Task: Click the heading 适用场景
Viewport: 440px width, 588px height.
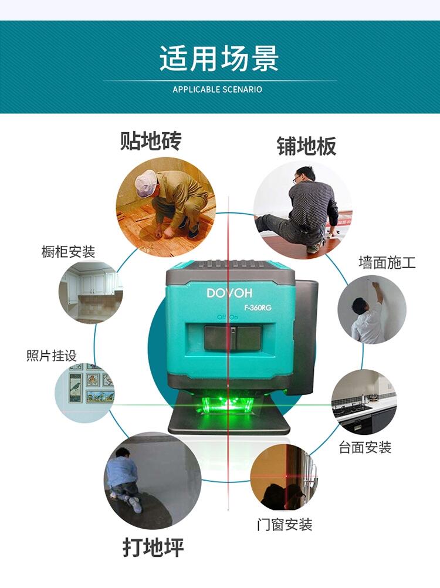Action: (x=219, y=58)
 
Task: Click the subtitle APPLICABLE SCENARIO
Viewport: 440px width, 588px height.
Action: (x=218, y=90)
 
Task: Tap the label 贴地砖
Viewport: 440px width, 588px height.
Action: (x=151, y=141)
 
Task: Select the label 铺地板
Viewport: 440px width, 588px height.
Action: (x=306, y=146)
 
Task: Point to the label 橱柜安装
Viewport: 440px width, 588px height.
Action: (x=68, y=252)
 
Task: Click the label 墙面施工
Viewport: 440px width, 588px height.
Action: (x=387, y=262)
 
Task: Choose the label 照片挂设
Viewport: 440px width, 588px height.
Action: (x=52, y=356)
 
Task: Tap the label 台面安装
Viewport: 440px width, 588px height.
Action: (x=365, y=447)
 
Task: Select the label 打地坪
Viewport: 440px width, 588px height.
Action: (x=153, y=548)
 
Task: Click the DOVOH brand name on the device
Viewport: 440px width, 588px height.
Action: (x=229, y=293)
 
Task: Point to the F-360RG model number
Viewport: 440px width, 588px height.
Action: (x=258, y=308)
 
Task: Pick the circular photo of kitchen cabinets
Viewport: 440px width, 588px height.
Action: (x=91, y=292)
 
